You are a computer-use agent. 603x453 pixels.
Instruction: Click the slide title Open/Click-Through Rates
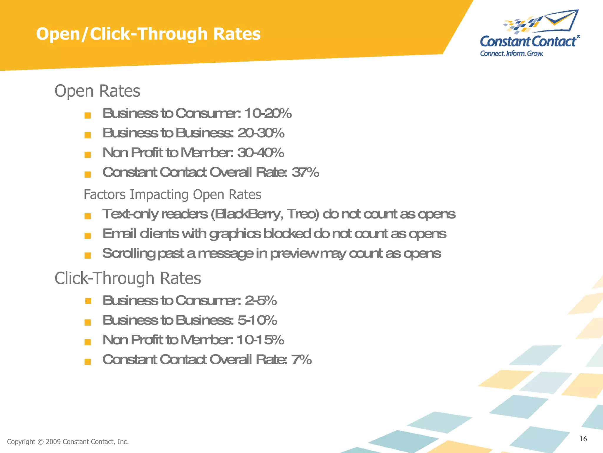click(148, 34)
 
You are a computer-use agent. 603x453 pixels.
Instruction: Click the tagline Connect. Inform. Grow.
click(511, 53)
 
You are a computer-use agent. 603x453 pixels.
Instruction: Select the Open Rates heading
click(97, 91)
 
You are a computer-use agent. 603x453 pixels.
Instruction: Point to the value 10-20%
click(268, 113)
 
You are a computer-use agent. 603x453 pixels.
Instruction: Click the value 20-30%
click(261, 133)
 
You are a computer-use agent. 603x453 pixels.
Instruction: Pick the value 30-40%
click(261, 153)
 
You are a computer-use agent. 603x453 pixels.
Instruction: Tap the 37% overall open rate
click(305, 172)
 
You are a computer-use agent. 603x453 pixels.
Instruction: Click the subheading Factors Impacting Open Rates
click(172, 195)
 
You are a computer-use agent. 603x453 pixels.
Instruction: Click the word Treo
click(303, 214)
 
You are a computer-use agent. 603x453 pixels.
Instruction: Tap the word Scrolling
click(129, 254)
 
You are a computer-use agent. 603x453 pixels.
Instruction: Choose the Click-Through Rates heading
click(127, 278)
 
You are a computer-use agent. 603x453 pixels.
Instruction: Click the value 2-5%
click(261, 301)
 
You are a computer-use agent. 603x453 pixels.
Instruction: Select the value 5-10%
click(257, 320)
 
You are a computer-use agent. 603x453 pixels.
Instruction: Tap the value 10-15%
click(260, 340)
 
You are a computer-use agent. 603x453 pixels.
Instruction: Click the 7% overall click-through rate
click(301, 360)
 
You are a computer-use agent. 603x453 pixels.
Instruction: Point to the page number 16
click(583, 439)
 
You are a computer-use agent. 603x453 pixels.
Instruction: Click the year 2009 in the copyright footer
click(53, 442)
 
